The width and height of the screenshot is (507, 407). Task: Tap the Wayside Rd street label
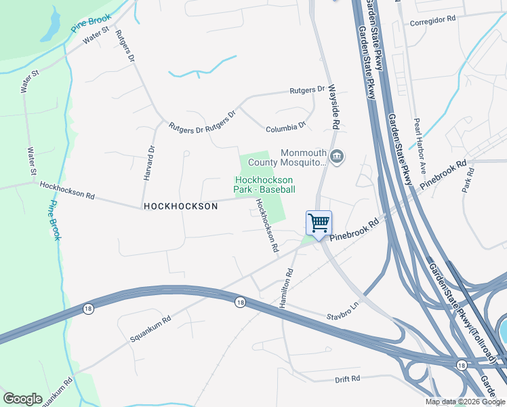pyautogui.click(x=333, y=107)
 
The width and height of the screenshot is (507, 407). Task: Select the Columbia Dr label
pyautogui.click(x=286, y=126)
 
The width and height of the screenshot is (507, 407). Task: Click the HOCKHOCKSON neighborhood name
pyautogui.click(x=180, y=206)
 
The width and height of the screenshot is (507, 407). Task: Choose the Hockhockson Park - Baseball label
pyautogui.click(x=264, y=185)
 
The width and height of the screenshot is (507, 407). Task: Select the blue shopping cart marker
pyautogui.click(x=319, y=222)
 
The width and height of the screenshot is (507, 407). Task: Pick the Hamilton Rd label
pyautogui.click(x=287, y=287)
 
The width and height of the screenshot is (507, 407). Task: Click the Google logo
pyautogui.click(x=22, y=398)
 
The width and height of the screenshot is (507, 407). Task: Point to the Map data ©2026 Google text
pyautogui.click(x=465, y=402)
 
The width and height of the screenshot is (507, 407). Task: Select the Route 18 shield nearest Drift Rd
pyautogui.click(x=461, y=366)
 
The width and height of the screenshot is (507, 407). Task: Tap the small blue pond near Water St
pyautogui.click(x=51, y=26)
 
